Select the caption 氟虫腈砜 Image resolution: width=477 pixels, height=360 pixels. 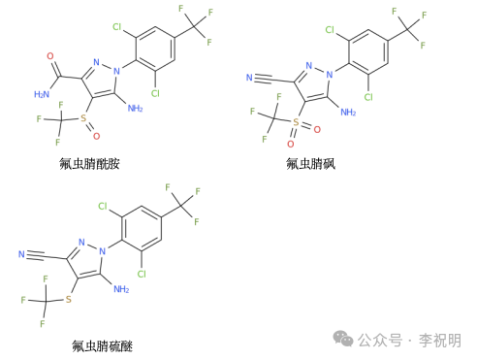317,162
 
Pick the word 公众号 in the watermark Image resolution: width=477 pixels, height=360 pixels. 380,340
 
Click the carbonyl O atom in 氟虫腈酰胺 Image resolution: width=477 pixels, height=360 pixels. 54,46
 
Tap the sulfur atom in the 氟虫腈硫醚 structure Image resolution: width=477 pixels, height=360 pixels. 70,301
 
